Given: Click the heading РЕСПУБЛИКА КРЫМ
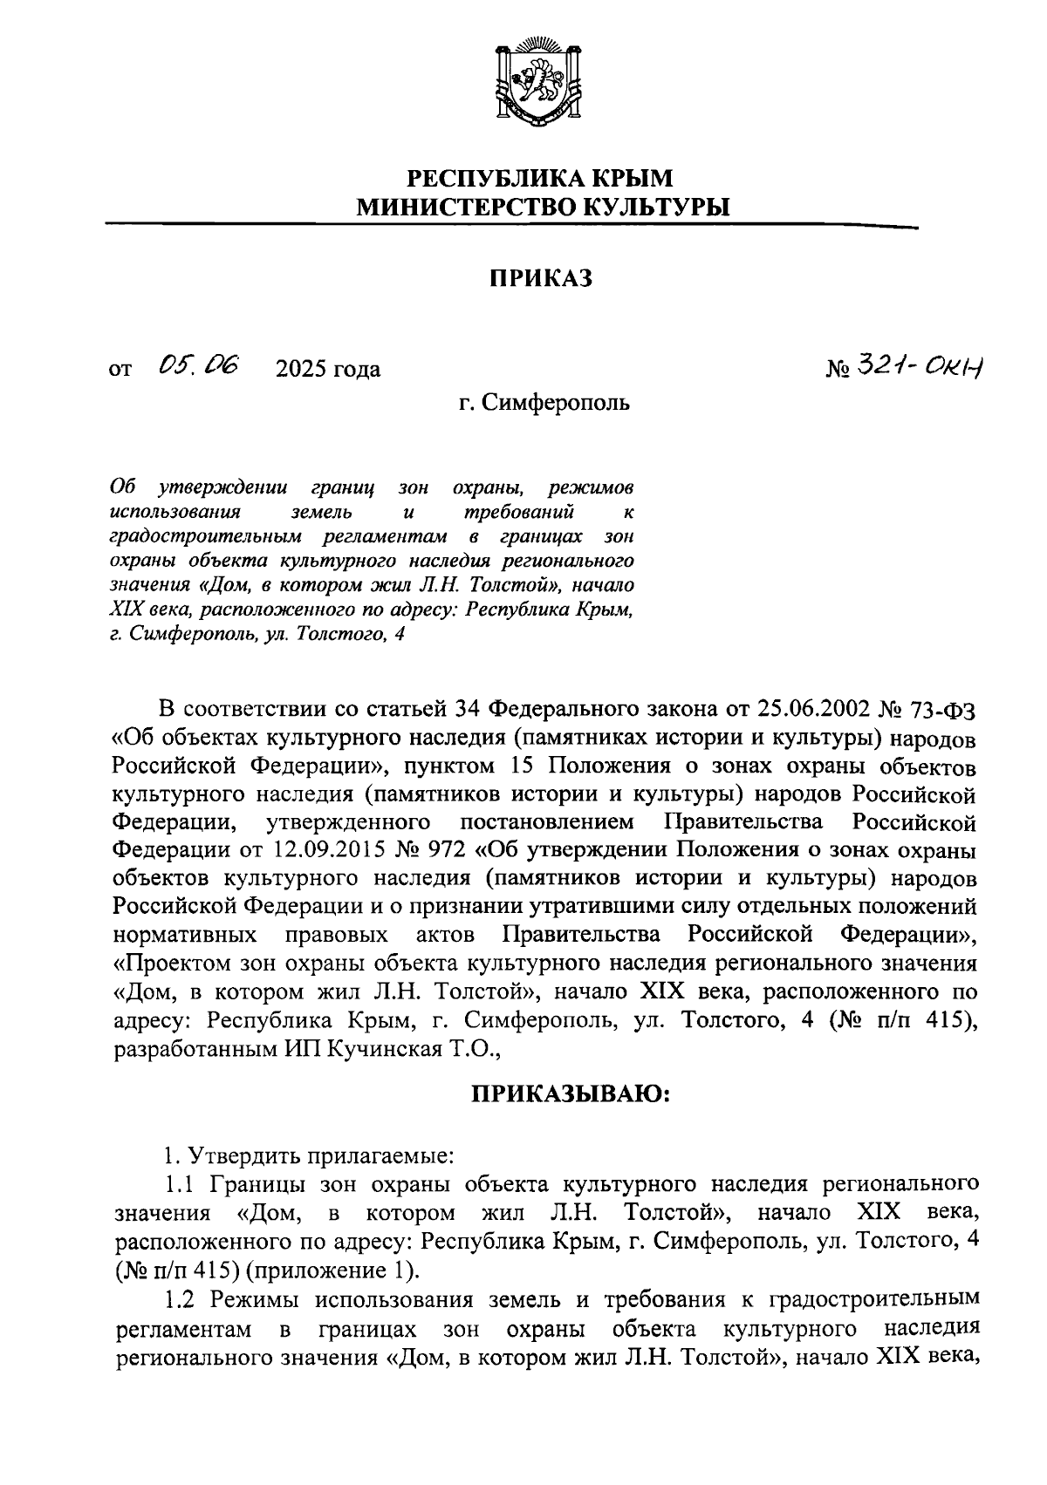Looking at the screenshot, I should coord(541,178).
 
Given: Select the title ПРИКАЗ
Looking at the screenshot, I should coord(541,278).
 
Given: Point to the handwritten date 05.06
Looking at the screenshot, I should coord(201,365).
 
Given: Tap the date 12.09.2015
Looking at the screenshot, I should coord(290,848).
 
